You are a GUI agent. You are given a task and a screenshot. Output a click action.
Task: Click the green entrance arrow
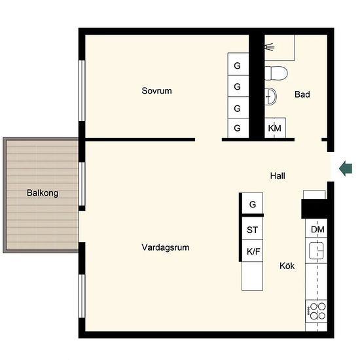click(346, 168)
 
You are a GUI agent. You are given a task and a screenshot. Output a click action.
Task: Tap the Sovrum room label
click(156, 91)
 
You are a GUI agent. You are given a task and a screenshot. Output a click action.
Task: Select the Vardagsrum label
click(166, 247)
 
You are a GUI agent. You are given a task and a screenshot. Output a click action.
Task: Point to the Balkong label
click(43, 193)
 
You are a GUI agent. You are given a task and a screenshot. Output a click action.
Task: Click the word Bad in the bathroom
click(302, 94)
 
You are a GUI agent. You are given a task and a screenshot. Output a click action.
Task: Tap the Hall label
click(278, 176)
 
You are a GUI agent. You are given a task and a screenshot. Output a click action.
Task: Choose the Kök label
click(287, 266)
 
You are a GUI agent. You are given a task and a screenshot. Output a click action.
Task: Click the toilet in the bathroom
click(276, 73)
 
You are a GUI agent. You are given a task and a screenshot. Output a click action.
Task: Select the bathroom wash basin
click(271, 96)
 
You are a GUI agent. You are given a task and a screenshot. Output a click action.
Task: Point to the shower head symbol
click(269, 47)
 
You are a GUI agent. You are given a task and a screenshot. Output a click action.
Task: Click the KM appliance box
click(275, 128)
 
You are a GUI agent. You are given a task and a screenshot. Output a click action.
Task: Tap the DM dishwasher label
click(317, 229)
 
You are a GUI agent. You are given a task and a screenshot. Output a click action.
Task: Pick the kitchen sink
click(316, 251)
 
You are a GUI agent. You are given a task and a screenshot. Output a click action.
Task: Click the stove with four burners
click(316, 311)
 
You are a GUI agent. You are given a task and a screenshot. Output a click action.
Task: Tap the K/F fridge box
click(252, 251)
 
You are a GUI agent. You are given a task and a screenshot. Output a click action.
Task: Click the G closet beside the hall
click(252, 204)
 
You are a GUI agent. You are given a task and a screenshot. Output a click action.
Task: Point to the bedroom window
click(82, 91)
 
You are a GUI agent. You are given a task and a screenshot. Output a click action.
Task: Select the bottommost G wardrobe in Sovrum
click(238, 128)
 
